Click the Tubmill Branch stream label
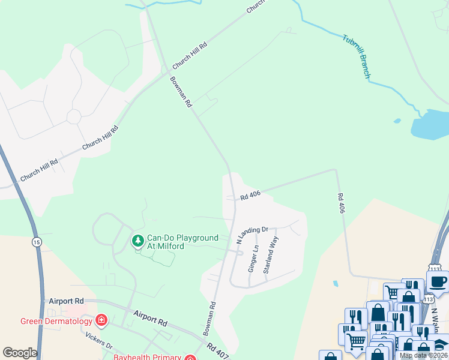pyautogui.click(x=356, y=57)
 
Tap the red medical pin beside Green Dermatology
pyautogui.click(x=101, y=320)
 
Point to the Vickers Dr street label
pyautogui.click(x=99, y=341)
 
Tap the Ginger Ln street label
pyautogui.click(x=253, y=259)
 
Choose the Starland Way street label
pyautogui.click(x=271, y=255)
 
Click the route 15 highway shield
pyautogui.click(x=37, y=242)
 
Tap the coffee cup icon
pyautogui.click(x=438, y=281)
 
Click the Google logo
pyautogui.click(x=20, y=353)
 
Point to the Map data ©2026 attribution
pyautogui.click(x=423, y=355)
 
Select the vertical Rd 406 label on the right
pyautogui.click(x=342, y=203)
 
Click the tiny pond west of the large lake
pyautogui.click(x=397, y=121)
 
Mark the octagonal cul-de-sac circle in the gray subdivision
pyautogui.click(x=74, y=116)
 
